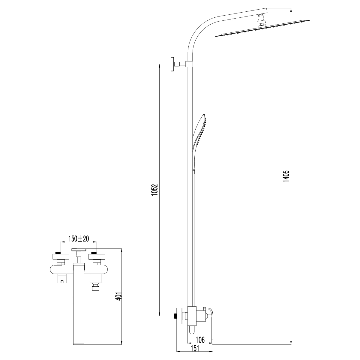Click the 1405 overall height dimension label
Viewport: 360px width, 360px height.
click(286, 176)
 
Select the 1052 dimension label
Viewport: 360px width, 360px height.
click(155, 190)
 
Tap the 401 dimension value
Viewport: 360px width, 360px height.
click(119, 299)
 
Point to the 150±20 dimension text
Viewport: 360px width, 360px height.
click(79, 238)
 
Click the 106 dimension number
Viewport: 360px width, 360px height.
click(200, 340)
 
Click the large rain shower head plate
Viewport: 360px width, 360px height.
click(262, 28)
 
